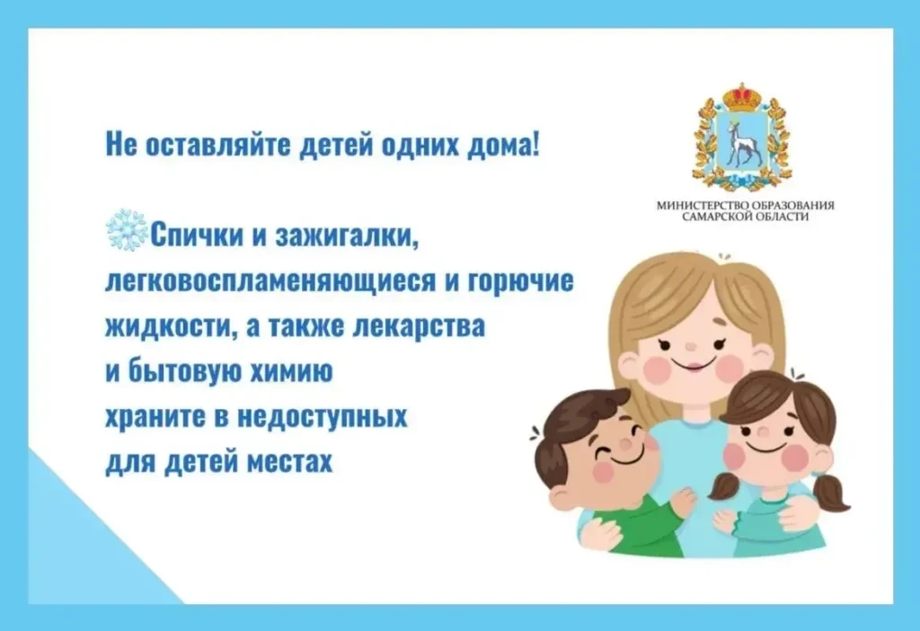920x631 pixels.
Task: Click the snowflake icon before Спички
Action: click(x=126, y=230)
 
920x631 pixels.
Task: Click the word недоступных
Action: click(x=323, y=418)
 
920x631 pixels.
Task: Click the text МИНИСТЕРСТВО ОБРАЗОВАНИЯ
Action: click(x=745, y=206)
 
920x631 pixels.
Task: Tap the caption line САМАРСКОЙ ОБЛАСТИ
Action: click(x=745, y=217)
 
